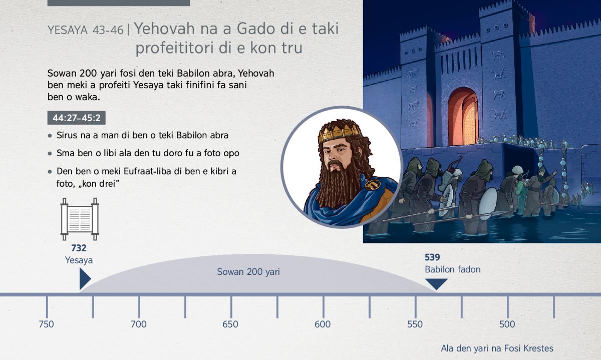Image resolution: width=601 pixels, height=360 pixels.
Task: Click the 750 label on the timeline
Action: (x=46, y=324)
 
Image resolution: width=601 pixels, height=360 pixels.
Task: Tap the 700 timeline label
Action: (x=138, y=324)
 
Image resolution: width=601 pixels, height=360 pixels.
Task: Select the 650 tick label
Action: (x=230, y=324)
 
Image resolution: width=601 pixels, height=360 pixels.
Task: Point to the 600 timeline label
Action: (x=323, y=324)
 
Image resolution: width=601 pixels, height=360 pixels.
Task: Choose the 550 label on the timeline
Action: (x=415, y=324)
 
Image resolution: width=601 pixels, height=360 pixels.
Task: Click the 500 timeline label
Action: (x=507, y=324)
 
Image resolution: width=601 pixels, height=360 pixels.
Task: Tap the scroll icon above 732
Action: (x=80, y=219)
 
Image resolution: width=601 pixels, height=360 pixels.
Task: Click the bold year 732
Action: (x=79, y=248)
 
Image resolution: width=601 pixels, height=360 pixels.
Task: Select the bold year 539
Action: (x=432, y=257)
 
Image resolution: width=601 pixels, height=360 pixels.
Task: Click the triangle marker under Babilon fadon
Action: (x=436, y=283)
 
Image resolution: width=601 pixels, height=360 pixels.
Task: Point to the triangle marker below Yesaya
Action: (x=85, y=279)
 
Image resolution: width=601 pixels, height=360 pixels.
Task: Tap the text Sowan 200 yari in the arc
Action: (x=248, y=272)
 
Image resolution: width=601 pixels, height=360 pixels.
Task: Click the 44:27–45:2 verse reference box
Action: (x=77, y=118)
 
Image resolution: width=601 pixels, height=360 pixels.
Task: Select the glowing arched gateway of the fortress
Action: (x=463, y=117)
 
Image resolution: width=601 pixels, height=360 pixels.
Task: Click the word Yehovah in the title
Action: (x=164, y=29)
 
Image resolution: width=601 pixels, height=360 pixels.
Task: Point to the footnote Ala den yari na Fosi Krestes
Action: (x=497, y=348)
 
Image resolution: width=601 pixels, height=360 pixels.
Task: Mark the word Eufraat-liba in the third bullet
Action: (x=145, y=171)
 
